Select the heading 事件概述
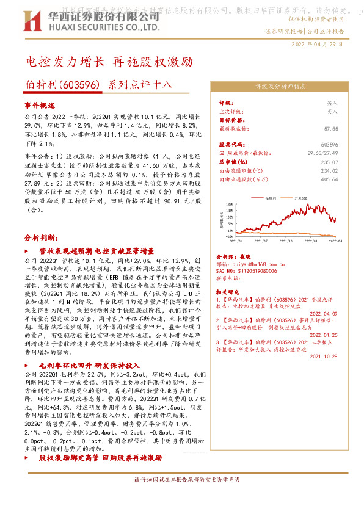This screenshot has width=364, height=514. pos(40,106)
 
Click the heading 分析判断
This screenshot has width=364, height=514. pos(40,237)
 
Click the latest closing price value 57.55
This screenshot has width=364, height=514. pos(331,129)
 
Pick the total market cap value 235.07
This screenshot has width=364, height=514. pos(330,162)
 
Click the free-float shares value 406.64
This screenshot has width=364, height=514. pos(330,179)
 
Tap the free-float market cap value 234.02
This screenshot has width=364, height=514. pos(330,171)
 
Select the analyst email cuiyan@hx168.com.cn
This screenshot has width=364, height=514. pos(261,263)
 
